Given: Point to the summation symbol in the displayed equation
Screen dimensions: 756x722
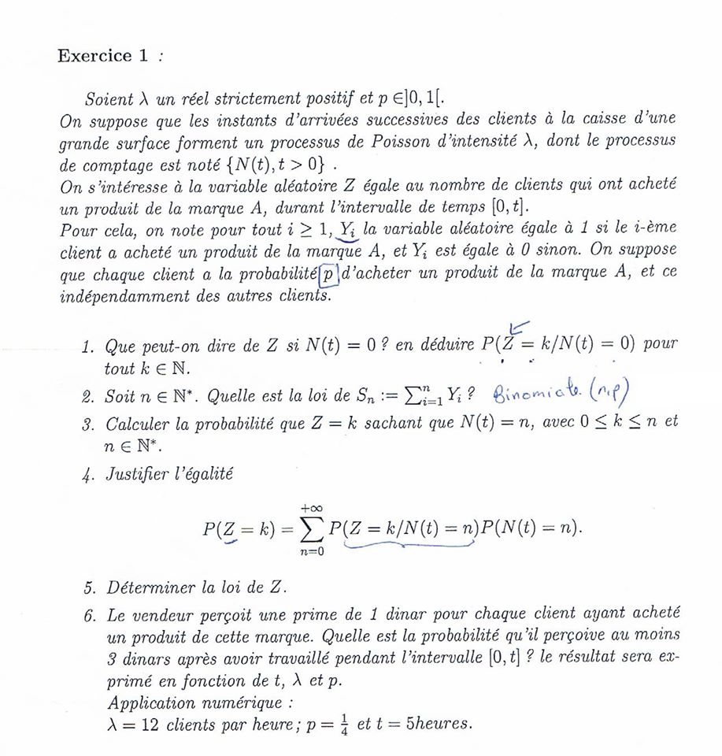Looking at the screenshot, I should click(310, 528).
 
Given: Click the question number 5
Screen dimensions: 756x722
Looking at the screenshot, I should click(88, 589).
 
